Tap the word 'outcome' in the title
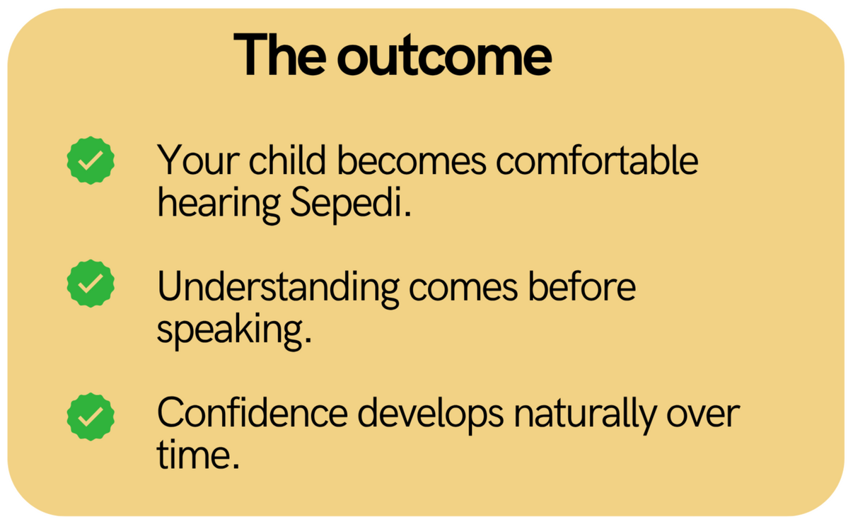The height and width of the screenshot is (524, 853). coord(444,56)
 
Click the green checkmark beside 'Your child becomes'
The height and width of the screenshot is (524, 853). coord(91,161)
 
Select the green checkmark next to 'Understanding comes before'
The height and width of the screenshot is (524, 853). coord(91,284)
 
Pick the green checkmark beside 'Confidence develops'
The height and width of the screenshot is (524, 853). coord(91,417)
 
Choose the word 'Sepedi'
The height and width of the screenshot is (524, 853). coord(347,204)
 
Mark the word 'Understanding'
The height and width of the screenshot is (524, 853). coord(279,287)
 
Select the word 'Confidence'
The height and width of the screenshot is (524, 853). coord(253,414)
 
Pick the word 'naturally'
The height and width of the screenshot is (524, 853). coord(585,414)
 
